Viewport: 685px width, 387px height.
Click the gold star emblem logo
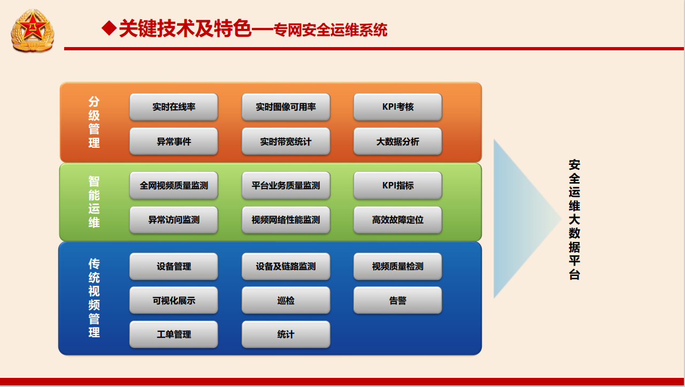pos(33,30)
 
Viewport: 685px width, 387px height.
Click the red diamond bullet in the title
pos(109,28)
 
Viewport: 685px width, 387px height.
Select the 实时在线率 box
pos(174,107)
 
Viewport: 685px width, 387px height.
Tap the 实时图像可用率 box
pos(286,107)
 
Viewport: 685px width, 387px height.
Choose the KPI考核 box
pos(398,107)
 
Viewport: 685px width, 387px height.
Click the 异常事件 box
pos(174,141)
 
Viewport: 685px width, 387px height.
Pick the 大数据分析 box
pos(398,141)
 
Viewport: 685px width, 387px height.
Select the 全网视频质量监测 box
pos(174,185)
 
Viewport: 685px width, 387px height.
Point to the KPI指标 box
pos(398,185)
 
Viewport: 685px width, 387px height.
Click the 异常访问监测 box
pos(174,220)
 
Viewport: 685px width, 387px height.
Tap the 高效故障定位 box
pos(398,220)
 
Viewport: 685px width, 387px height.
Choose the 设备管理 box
pos(174,267)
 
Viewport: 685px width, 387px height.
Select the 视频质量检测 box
pos(398,267)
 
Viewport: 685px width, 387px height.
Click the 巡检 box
pos(286,300)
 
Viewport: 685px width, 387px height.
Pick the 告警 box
pos(398,300)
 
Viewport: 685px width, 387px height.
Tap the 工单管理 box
pos(174,335)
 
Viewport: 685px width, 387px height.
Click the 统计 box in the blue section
pos(286,335)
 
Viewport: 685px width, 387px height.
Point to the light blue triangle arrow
pos(520,218)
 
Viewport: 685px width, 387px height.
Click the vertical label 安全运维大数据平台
pos(574,219)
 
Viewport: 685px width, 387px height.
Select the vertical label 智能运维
pos(94,202)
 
